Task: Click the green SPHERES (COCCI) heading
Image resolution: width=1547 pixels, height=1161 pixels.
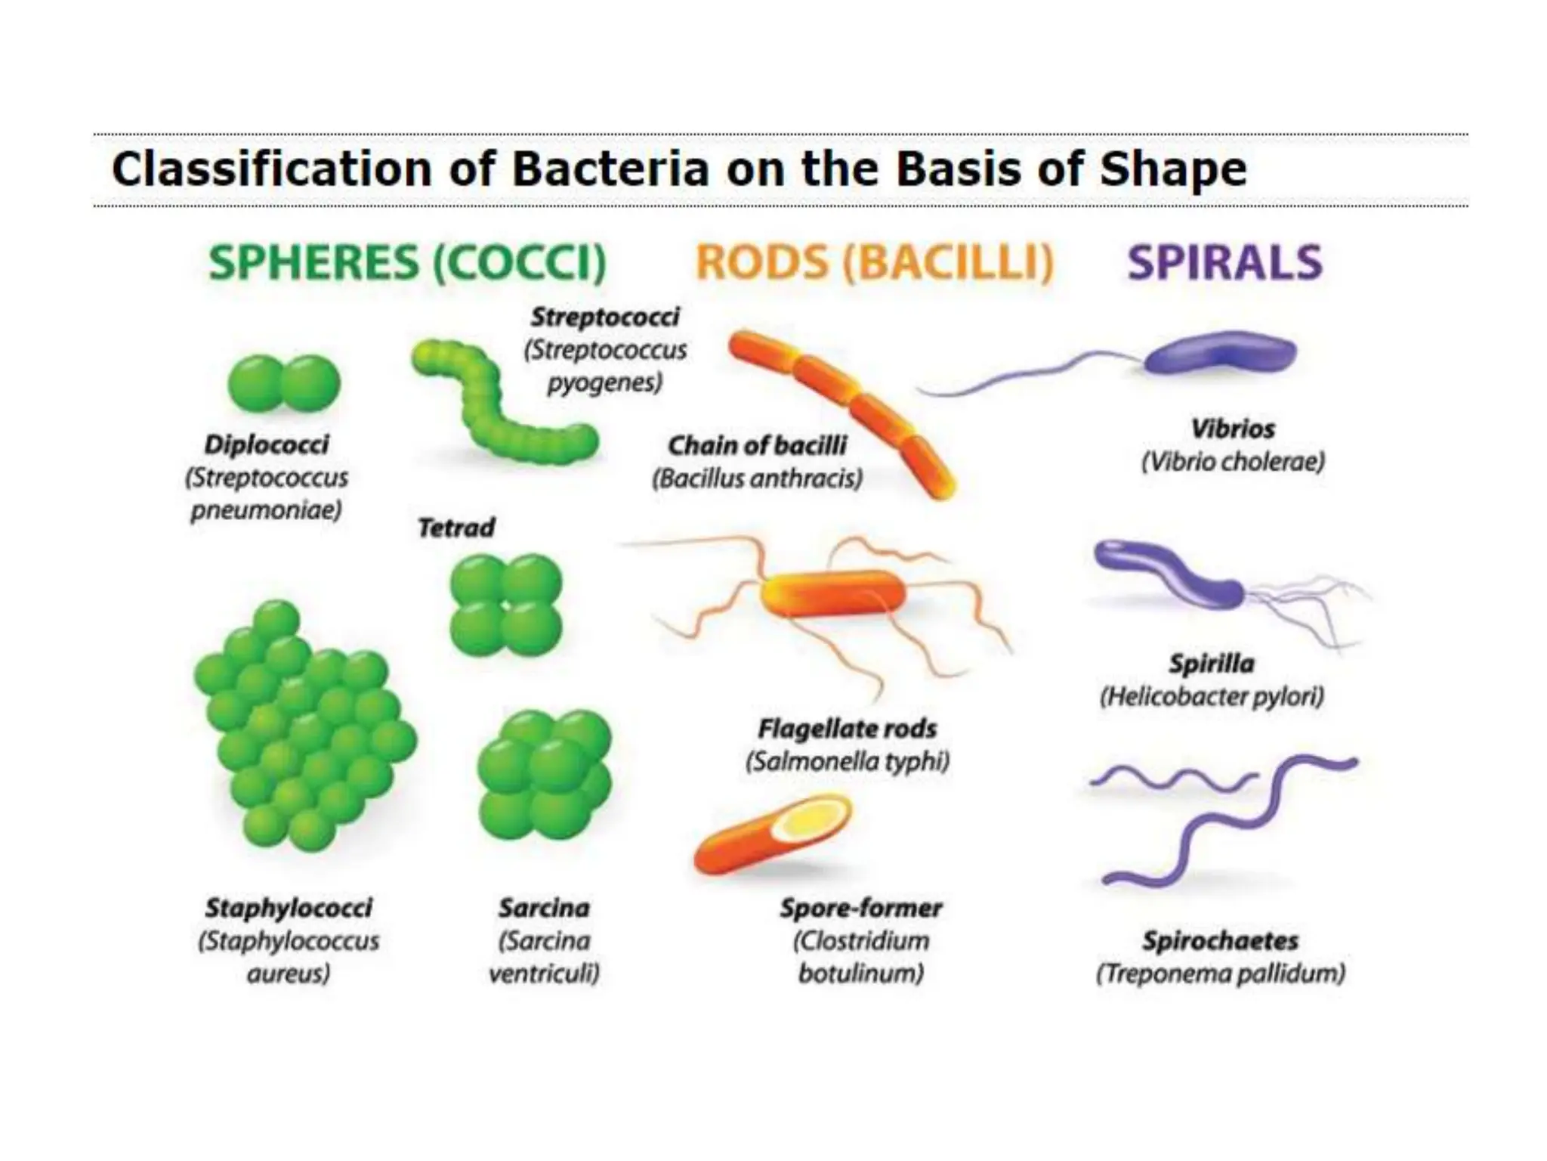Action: pos(407,262)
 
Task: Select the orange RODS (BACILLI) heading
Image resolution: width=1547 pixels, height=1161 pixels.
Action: pos(874,262)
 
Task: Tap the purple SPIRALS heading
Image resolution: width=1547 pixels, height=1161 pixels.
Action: pos(1224,262)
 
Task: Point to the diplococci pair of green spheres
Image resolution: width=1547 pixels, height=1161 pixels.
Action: pos(284,383)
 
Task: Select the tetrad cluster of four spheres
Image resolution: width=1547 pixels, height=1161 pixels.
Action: pos(505,605)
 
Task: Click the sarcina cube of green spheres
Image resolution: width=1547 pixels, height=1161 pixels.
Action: pos(544,775)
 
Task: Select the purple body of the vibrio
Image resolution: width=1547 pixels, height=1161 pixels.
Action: pos(1220,354)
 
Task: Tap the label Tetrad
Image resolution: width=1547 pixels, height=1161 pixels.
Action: pos(456,528)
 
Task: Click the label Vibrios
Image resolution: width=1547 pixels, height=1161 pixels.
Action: pos(1233,429)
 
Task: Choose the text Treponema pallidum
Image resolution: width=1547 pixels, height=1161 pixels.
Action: pos(1221,974)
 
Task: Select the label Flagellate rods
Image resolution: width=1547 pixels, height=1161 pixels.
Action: pos(847,729)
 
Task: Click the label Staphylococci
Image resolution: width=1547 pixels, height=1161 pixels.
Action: pos(289,908)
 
